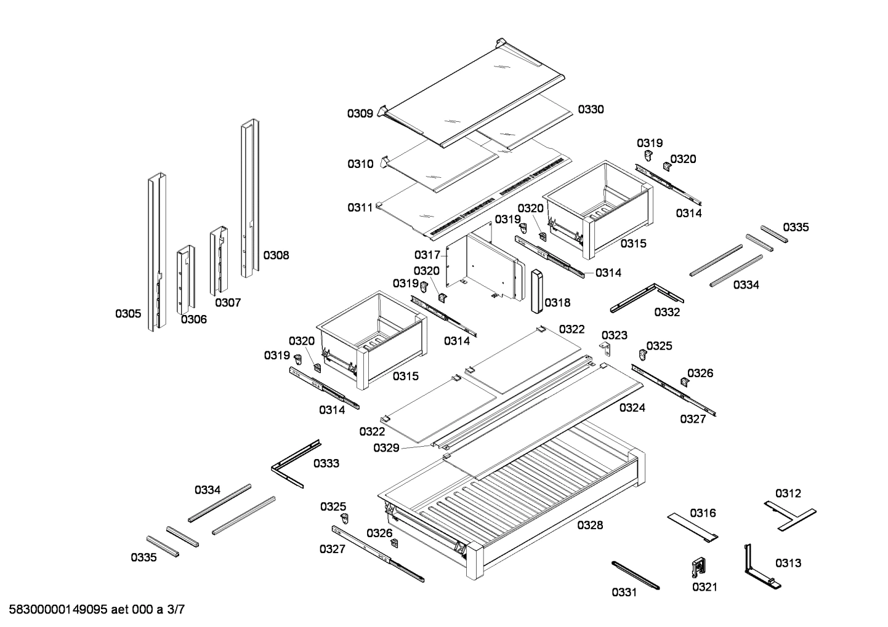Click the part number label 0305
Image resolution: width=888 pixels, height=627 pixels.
pyautogui.click(x=128, y=314)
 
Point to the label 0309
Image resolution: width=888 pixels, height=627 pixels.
pyautogui.click(x=360, y=113)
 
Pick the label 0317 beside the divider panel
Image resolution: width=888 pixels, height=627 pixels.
pyautogui.click(x=427, y=255)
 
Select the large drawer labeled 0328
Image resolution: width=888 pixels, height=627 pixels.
pyautogui.click(x=511, y=498)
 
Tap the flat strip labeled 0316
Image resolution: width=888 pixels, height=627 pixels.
pyautogui.click(x=693, y=527)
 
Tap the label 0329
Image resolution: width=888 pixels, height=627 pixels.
pyautogui.click(x=386, y=448)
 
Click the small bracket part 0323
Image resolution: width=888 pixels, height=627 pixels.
pyautogui.click(x=607, y=349)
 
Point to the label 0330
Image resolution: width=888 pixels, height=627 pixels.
pyautogui.click(x=591, y=110)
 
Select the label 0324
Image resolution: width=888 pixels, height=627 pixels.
pyautogui.click(x=632, y=407)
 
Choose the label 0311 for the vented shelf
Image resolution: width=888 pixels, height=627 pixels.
pyautogui.click(x=360, y=207)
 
